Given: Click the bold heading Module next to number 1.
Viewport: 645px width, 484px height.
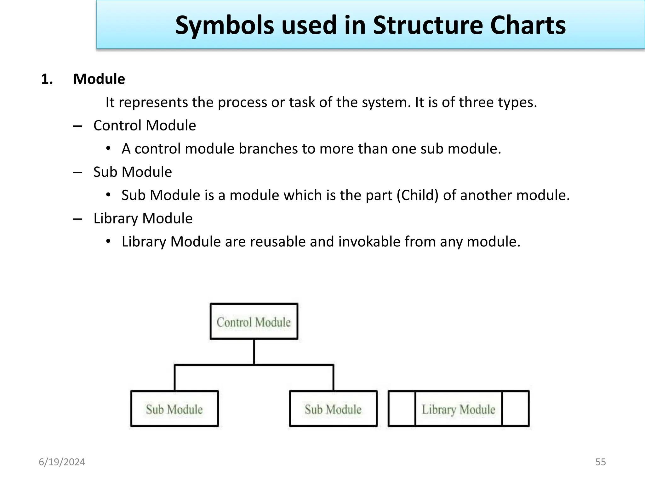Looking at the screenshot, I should (99, 79).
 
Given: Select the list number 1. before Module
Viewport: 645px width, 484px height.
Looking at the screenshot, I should (47, 79).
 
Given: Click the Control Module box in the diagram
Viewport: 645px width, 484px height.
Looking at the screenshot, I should (254, 321).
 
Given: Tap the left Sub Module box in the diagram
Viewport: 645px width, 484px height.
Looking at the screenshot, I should (174, 409).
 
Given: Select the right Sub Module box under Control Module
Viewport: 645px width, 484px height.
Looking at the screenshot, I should (333, 409).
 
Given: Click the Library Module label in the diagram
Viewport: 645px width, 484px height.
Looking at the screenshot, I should (458, 409).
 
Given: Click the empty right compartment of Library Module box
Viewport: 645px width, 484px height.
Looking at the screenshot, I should (516, 409).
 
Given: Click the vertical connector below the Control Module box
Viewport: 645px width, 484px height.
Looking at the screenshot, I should (254, 352).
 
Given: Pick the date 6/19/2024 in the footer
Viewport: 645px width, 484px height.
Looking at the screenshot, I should (62, 462).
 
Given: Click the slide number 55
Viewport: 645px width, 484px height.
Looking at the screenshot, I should (600, 462).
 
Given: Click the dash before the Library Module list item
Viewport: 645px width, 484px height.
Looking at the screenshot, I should (77, 219).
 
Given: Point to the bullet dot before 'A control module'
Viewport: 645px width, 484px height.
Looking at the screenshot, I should (108, 148).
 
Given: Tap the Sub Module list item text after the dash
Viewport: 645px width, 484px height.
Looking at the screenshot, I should (133, 172).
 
